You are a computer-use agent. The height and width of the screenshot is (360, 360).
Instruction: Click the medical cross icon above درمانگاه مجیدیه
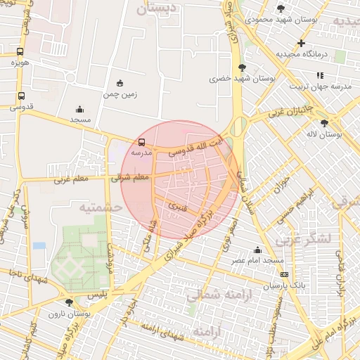tap(300, 44)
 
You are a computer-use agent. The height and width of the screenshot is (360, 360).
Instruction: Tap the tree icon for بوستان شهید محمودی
tap(281, 8)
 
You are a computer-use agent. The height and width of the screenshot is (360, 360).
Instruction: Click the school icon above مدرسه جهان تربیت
tap(321, 75)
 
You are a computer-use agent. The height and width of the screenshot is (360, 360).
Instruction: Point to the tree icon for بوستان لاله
tap(324, 123)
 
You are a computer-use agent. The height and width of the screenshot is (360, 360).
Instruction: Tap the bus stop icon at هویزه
tap(21, 52)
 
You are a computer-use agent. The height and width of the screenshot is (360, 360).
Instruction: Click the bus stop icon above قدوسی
tap(21, 96)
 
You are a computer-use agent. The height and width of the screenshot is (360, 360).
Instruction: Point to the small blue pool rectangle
tap(39, 245)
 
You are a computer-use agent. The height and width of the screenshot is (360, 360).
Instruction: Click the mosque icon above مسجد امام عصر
tap(258, 250)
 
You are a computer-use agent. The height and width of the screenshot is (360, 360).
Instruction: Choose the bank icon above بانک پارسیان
tap(284, 274)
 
